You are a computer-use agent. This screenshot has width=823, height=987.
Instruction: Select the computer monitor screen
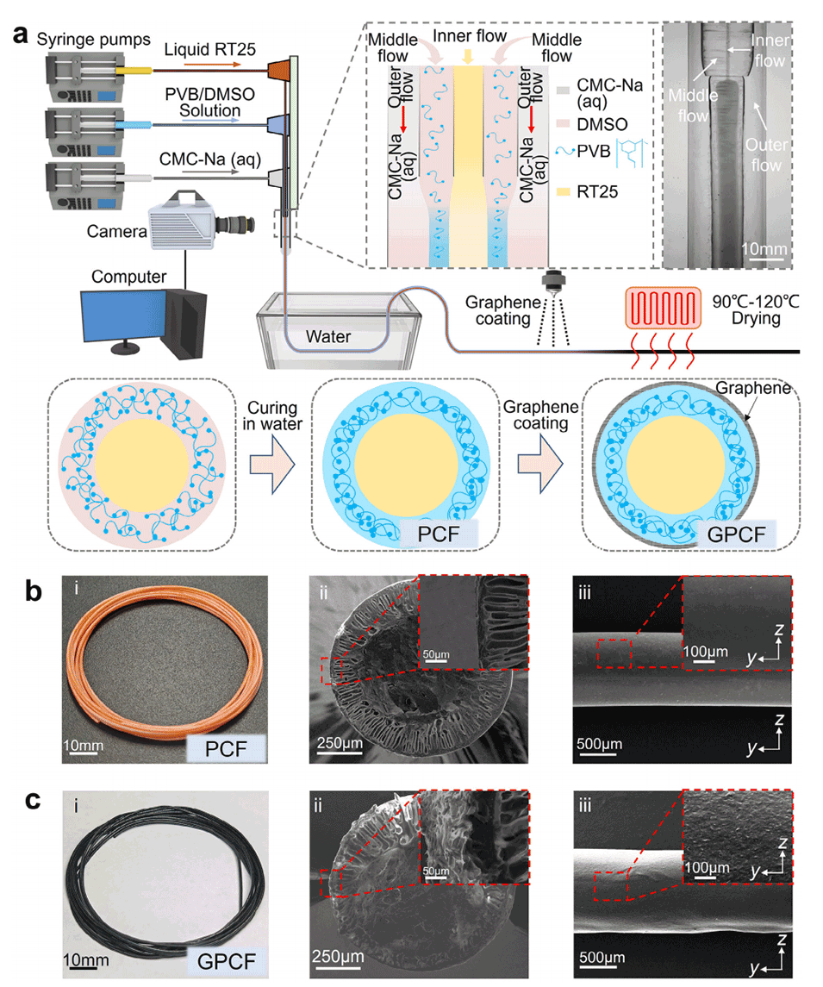(x=121, y=307)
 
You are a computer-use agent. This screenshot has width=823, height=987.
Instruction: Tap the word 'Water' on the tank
(x=330, y=337)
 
